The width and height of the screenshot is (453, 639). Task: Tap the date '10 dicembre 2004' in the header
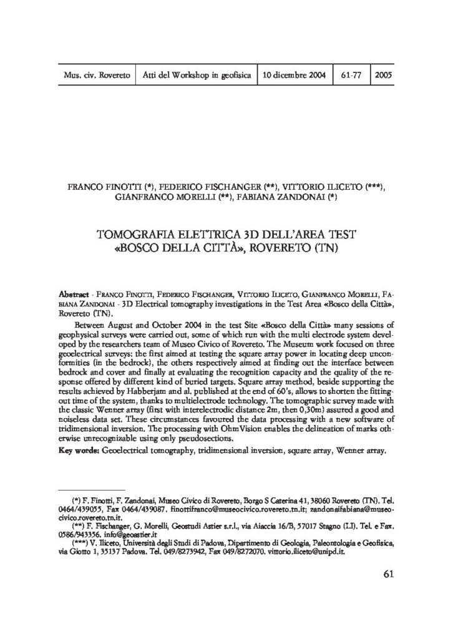tap(295, 75)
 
